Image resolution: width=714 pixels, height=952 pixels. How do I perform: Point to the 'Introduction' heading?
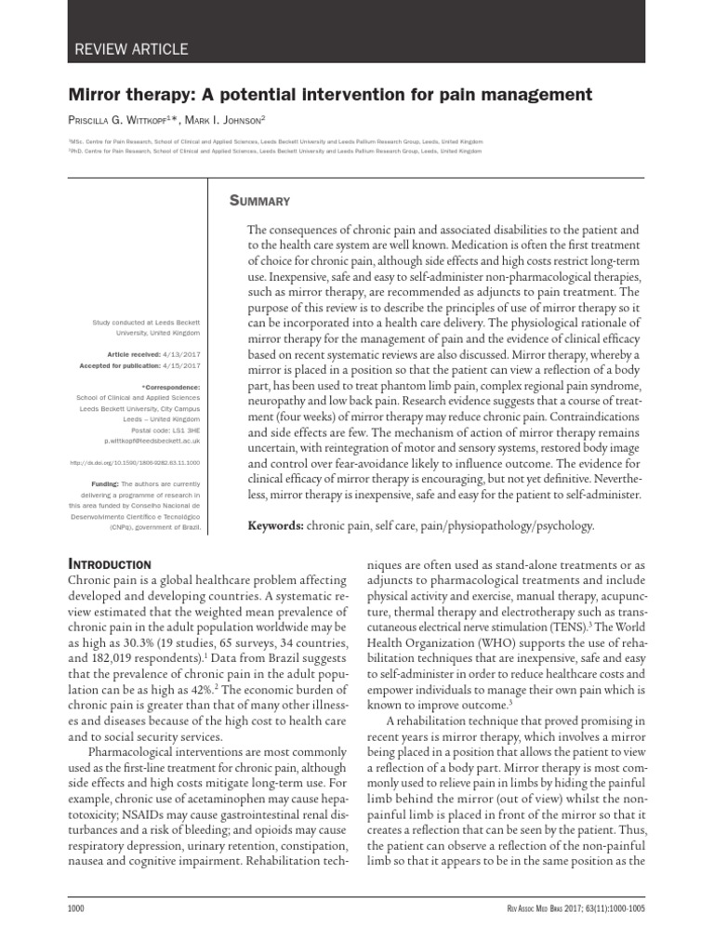pos(111,563)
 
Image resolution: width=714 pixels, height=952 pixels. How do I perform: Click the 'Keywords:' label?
pos(276,526)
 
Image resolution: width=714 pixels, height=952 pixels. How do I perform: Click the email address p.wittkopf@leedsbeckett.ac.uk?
pos(152,440)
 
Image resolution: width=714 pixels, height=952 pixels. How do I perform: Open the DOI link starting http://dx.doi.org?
pos(136,461)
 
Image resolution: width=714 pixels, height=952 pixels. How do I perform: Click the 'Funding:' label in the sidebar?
pos(104,484)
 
